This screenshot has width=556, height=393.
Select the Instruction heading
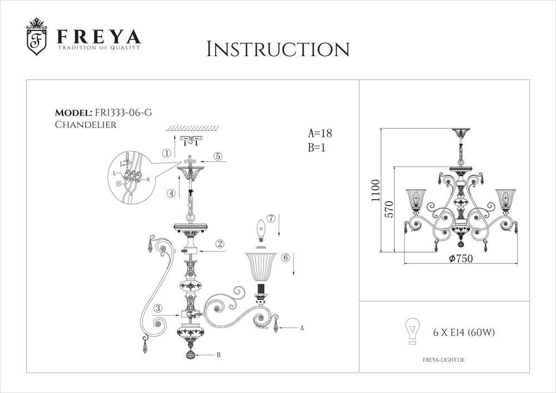277,49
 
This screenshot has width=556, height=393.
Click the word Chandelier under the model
86,125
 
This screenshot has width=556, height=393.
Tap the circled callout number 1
166,153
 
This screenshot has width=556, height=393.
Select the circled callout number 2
220,244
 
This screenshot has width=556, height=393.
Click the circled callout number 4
172,194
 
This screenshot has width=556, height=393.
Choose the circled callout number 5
219,156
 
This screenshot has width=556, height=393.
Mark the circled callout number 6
285,258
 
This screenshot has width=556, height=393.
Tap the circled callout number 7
271,218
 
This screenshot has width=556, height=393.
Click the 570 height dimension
389,209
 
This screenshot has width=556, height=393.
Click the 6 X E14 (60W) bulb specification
464,333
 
